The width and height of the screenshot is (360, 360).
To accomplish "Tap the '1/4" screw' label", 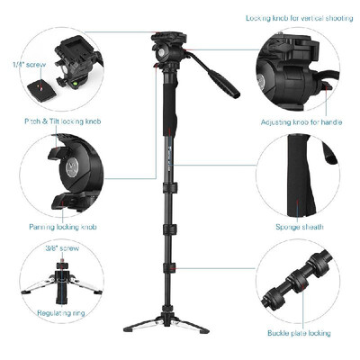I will point(28,65).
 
